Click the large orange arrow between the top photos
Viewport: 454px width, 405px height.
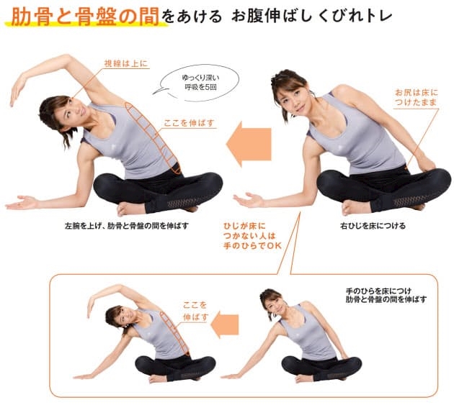click(249, 145)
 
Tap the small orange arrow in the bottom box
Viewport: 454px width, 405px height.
click(225, 324)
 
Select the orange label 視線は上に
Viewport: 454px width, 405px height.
click(126, 63)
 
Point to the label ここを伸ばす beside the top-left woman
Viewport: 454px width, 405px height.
click(190, 123)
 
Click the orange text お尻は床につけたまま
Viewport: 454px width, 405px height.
click(417, 97)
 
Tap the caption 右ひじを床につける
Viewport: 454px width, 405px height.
click(373, 226)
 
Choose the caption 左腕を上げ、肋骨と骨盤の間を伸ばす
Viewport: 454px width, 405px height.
click(127, 226)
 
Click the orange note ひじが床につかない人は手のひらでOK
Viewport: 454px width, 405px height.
click(252, 236)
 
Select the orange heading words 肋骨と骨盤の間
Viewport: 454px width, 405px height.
click(85, 17)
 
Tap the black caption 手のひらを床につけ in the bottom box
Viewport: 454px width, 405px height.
click(378, 291)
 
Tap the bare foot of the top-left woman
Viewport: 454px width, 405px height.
click(128, 209)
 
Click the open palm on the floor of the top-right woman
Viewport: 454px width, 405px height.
click(249, 200)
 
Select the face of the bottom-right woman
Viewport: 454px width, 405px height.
click(275, 304)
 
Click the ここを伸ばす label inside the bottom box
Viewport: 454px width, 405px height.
click(195, 311)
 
